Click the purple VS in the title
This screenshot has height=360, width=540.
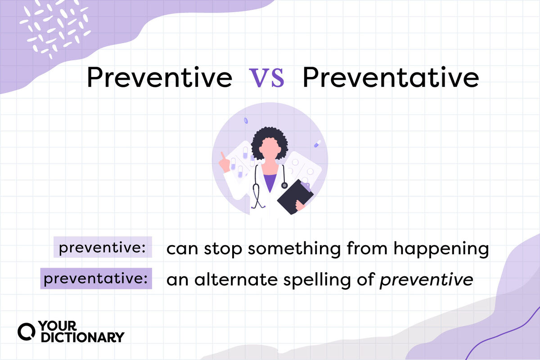(x=266, y=78)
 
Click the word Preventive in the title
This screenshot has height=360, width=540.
(x=160, y=77)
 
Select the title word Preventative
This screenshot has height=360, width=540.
(x=391, y=77)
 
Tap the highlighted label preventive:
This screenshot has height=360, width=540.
(x=103, y=247)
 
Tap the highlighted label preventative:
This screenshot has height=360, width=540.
(x=96, y=278)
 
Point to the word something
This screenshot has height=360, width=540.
(x=294, y=248)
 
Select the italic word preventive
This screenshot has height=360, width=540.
(x=426, y=280)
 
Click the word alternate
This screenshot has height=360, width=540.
(x=236, y=279)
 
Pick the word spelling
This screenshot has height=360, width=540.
(x=317, y=280)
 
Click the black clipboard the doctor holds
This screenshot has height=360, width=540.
(x=295, y=197)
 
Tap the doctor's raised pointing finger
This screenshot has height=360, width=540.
(x=223, y=156)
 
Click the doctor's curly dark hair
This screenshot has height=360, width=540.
(x=269, y=142)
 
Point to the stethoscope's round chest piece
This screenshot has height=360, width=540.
(x=284, y=185)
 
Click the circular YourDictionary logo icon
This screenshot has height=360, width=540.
(x=26, y=332)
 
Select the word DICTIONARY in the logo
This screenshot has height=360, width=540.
(x=83, y=337)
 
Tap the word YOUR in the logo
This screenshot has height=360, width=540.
(x=58, y=326)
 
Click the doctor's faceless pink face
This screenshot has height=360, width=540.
(x=270, y=148)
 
